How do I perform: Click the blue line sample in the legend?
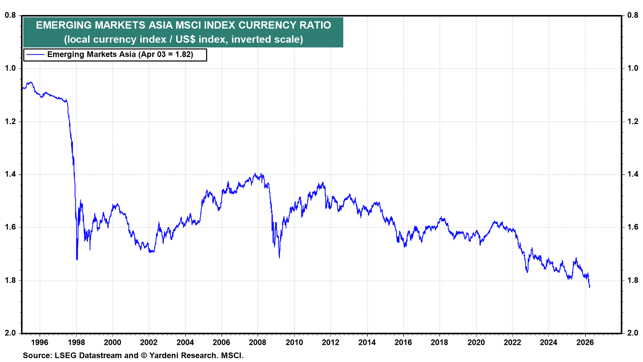pos(35,55)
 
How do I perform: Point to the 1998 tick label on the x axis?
pos(76,342)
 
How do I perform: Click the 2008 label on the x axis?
pos(258,342)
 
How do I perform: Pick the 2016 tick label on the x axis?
pos(403,342)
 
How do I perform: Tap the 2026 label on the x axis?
pos(585,342)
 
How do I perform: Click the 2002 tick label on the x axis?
pos(149,342)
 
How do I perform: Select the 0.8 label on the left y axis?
pos(10,15)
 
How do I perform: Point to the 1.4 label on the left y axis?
pos(10,174)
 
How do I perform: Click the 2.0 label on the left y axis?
pos(10,333)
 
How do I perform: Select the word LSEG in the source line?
pos(64,355)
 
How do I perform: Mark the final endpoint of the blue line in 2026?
pos(589,287)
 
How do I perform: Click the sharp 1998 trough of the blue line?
pos(77,259)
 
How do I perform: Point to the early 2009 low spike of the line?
pos(279,257)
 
